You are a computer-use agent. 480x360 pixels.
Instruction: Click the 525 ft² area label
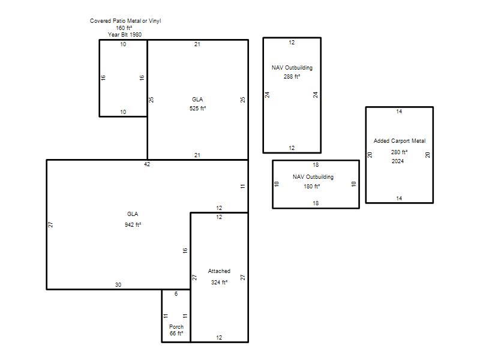[x=198, y=109]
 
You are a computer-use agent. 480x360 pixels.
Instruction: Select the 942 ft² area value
[x=133, y=224]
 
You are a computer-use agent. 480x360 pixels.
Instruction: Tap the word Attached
[x=219, y=271]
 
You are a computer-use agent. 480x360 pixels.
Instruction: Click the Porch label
[x=176, y=326]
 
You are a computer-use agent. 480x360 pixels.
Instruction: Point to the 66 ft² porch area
[x=176, y=333]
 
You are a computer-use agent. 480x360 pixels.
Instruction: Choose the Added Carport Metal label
[x=400, y=141]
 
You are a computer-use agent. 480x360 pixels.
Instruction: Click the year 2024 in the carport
[x=398, y=161]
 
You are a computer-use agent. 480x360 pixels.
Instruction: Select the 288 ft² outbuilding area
[x=292, y=77]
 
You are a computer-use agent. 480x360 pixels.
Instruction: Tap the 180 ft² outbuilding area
[x=312, y=186]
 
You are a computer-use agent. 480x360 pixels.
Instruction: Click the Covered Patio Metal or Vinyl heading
[x=125, y=21]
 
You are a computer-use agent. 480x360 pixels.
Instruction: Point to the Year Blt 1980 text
[x=125, y=35]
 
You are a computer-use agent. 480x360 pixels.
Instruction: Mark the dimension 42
[x=147, y=164]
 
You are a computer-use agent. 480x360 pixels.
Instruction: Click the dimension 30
[x=118, y=284]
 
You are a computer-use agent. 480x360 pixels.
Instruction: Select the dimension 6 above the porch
[x=176, y=294]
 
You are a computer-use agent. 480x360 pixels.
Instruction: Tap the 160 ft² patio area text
[x=124, y=28]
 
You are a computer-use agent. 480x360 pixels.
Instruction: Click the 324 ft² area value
[x=219, y=282]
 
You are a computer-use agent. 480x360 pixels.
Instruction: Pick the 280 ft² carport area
[x=399, y=152]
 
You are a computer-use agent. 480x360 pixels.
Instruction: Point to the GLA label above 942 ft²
[x=133, y=214]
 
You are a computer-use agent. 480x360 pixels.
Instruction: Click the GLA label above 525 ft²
[x=197, y=99]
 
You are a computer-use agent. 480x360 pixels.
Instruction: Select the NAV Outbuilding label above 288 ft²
[x=292, y=68]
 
